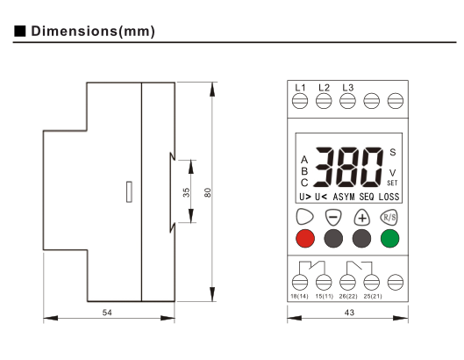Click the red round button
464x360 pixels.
305,238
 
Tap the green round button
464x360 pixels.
389,238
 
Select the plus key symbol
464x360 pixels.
362,218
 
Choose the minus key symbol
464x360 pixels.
333,218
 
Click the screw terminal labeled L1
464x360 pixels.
300,101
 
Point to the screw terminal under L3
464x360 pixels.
347,101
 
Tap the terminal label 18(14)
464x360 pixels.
299,296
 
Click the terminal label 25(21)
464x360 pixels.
373,296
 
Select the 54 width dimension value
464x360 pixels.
107,313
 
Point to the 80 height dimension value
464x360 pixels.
208,192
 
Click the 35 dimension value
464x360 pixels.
186,192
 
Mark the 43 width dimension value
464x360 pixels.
349,313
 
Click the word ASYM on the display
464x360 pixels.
344,197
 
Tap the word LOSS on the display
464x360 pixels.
389,197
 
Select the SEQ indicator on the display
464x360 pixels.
367,197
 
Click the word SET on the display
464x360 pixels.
392,184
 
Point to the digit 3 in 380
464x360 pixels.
324,167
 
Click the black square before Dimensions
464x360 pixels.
20,31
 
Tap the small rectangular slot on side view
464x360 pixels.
129,191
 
